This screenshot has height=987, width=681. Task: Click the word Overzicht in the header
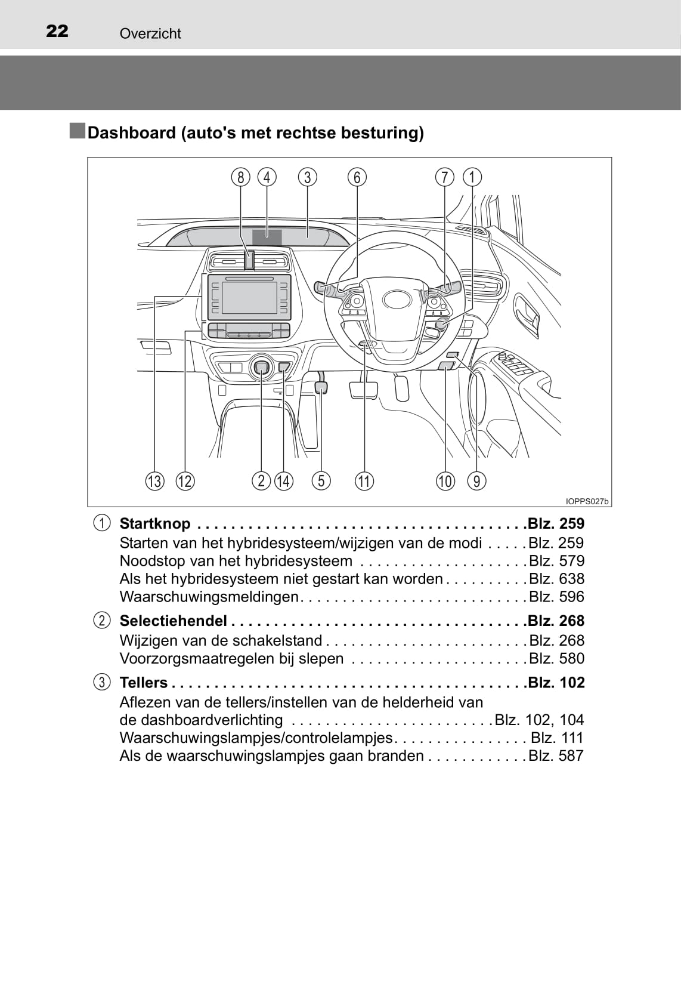coord(150,33)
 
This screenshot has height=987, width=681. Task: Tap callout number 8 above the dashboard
coord(241,177)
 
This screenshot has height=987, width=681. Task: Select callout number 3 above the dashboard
coord(307,177)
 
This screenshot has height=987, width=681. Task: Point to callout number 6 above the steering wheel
coord(357,177)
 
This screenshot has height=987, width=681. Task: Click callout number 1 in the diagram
coord(472,177)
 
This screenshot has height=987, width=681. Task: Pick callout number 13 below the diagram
coord(154,481)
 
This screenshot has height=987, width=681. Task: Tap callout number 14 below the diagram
coord(284,481)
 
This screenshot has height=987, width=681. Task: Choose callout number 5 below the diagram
coord(321,481)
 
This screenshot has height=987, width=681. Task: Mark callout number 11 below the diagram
coord(364,481)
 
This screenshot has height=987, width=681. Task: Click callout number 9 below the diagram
coord(476,481)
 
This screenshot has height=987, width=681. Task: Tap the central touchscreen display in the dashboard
coord(249,297)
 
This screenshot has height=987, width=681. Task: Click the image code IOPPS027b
coord(587,502)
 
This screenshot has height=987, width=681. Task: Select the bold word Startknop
coord(155,523)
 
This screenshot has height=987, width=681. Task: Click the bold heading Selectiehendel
coord(173,621)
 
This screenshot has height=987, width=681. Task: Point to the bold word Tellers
coord(144,682)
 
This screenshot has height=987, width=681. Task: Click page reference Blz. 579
coord(556,561)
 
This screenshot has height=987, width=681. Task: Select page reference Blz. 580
coord(556,658)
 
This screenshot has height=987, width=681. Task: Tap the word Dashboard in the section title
coord(132,132)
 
